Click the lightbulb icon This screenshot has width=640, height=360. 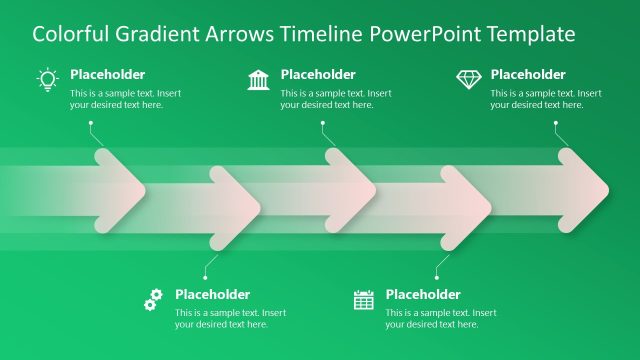click(47, 80)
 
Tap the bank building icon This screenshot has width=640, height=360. click(258, 80)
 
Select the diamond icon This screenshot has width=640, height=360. click(468, 79)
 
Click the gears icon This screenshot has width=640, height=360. click(153, 299)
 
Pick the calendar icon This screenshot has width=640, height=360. click(364, 299)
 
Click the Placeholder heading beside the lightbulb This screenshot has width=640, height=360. click(107, 75)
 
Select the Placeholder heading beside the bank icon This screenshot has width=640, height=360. click(318, 75)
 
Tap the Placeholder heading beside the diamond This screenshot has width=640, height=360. click(528, 75)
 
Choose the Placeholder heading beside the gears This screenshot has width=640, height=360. click(212, 294)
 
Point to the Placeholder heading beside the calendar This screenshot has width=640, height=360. click(423, 294)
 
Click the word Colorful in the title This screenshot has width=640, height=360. click(67, 34)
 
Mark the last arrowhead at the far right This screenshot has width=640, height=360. click(584, 186)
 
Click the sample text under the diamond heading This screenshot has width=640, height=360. click(546, 99)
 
